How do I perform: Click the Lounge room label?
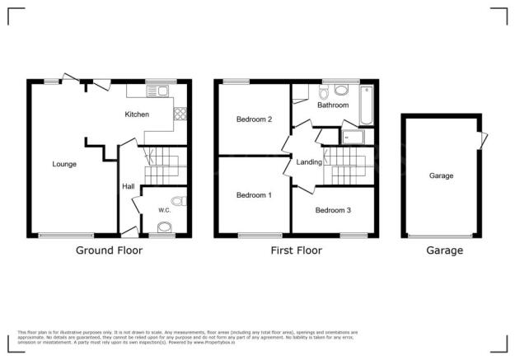point(64,164)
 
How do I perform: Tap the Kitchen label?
point(137,115)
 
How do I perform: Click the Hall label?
point(129,187)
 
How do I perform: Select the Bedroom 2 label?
point(254,119)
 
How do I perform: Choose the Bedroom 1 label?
point(253,195)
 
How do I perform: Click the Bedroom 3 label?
point(333,211)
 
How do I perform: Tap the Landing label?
point(310,163)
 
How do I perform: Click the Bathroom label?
point(333,105)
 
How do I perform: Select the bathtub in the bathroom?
point(368,104)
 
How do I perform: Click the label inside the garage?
point(441,175)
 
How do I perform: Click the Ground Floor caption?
point(109,250)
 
